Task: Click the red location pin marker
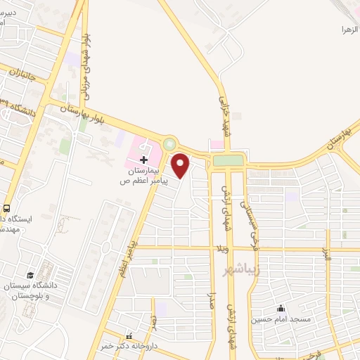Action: pos(181,165)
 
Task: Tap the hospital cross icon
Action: pos(144,160)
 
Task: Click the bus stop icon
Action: pos(6,208)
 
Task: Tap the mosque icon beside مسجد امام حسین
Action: pos(281,307)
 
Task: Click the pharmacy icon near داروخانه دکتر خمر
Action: pos(129,336)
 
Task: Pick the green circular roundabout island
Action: pos(169,144)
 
